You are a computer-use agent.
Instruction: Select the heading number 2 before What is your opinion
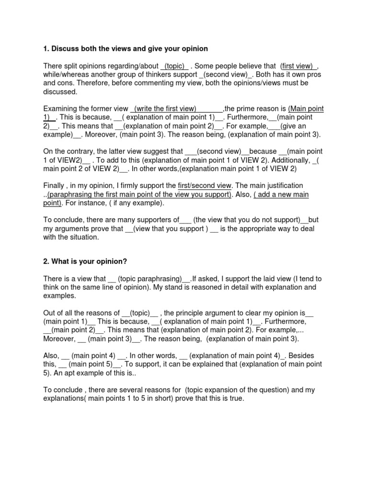[46, 261]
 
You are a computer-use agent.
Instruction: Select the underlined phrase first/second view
[205, 186]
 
